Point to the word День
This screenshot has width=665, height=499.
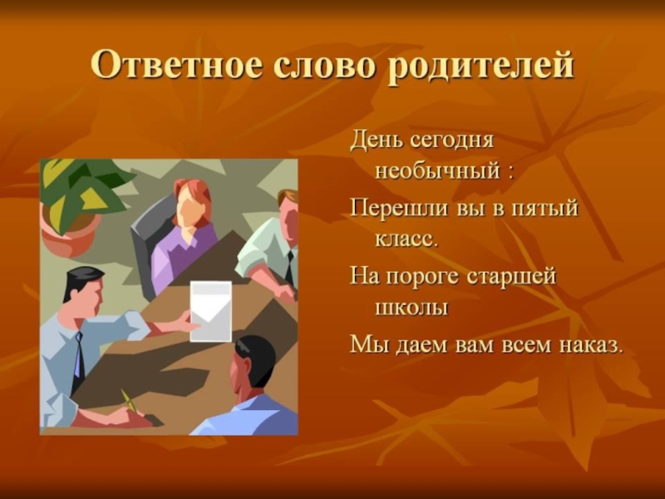(376, 141)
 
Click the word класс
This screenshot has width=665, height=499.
(406, 240)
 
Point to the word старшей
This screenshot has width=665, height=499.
(511, 278)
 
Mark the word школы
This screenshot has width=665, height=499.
(411, 308)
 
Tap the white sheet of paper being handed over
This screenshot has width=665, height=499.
(211, 311)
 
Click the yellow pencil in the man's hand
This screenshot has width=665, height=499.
(129, 400)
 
